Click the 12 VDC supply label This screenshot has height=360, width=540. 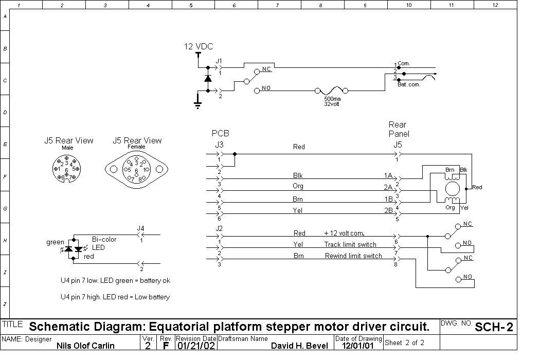tap(199, 46)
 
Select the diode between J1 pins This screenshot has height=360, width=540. tap(208, 79)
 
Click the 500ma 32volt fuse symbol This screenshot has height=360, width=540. tap(332, 91)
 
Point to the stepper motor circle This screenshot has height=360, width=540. tap(452, 189)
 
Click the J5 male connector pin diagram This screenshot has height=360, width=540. tap(66, 169)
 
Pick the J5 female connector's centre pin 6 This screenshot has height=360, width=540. tap(136, 171)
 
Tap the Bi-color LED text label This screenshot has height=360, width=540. tap(104, 244)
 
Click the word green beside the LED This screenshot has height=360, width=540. tap(55, 242)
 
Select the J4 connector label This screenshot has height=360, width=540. tap(140, 228)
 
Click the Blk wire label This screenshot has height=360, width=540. tap(298, 175)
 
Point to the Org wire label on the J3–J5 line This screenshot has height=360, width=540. tap(298, 186)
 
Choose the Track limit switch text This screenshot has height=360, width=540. tap(350, 244)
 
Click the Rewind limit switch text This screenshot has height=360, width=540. tap(353, 256)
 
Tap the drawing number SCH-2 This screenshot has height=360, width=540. tap(494, 327)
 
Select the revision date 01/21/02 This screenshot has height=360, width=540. tap(196, 346)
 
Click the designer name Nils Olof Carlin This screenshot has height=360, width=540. tap(85, 346)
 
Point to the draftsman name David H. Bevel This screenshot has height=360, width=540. tap(300, 346)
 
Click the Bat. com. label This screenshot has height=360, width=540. tap(409, 84)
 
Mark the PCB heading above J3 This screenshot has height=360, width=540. tap(221, 133)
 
